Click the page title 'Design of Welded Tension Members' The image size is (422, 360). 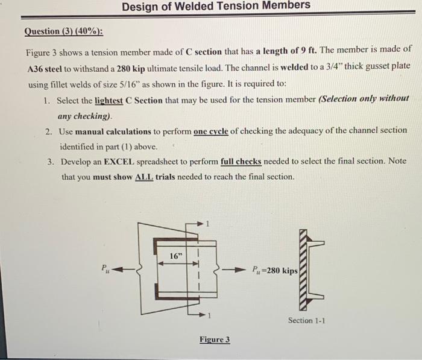click(x=216, y=5)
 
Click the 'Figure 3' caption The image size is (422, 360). click(x=215, y=340)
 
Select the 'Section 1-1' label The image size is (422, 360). click(x=306, y=320)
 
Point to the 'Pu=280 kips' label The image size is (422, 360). click(x=274, y=270)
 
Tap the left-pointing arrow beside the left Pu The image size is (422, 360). click(x=123, y=270)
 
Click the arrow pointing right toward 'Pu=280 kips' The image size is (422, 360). click(x=236, y=270)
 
